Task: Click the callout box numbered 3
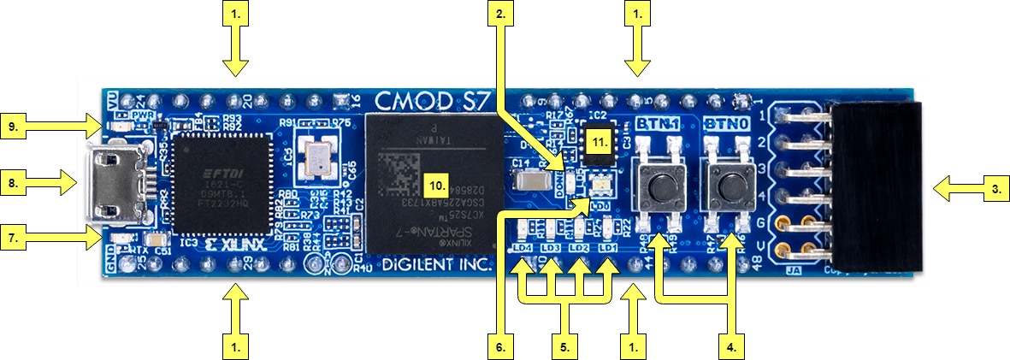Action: pyautogui.click(x=989, y=189)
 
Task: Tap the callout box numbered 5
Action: pyautogui.click(x=565, y=347)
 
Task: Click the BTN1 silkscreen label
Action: pyautogui.click(x=659, y=125)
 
